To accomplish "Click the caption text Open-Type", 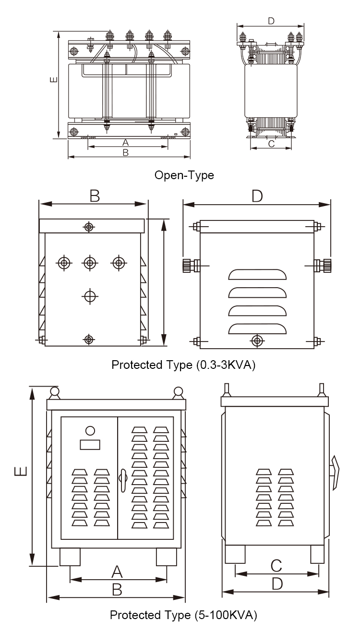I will point(184,175).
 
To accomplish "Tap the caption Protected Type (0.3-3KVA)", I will point(183,365).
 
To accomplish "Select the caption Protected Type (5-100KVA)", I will point(183,615).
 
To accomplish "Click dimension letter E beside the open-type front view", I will point(54,79).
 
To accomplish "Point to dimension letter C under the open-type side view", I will point(271,143).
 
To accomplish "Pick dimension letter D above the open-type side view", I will point(271,21).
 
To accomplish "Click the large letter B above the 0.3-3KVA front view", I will point(95,196).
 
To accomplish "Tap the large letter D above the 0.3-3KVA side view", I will point(257,196).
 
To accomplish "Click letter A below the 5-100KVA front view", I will point(117,572).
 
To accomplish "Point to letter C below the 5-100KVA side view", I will point(276,565).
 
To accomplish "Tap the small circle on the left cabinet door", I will point(90,431).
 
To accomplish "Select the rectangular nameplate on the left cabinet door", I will point(90,445).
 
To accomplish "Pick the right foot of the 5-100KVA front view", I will point(167,557).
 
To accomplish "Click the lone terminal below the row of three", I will point(89,296).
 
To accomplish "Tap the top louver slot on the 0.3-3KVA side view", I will point(257,275).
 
